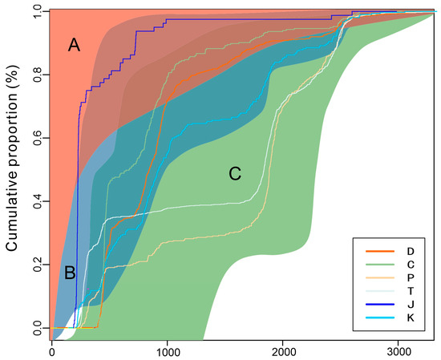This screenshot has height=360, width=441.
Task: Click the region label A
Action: (x=74, y=47)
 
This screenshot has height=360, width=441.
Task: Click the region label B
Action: (x=70, y=273)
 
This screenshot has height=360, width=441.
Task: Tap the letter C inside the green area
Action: (x=235, y=173)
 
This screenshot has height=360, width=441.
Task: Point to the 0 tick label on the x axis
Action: (x=52, y=351)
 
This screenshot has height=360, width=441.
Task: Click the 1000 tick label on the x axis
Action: (x=168, y=351)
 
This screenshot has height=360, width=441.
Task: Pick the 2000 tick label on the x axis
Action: (x=283, y=351)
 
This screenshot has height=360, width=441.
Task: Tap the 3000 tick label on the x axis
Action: (x=399, y=351)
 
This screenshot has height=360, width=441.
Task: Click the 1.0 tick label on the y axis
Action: (x=34, y=11)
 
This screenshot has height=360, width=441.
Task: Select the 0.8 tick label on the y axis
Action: (x=34, y=75)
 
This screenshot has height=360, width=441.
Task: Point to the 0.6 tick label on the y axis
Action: (x=34, y=138)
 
